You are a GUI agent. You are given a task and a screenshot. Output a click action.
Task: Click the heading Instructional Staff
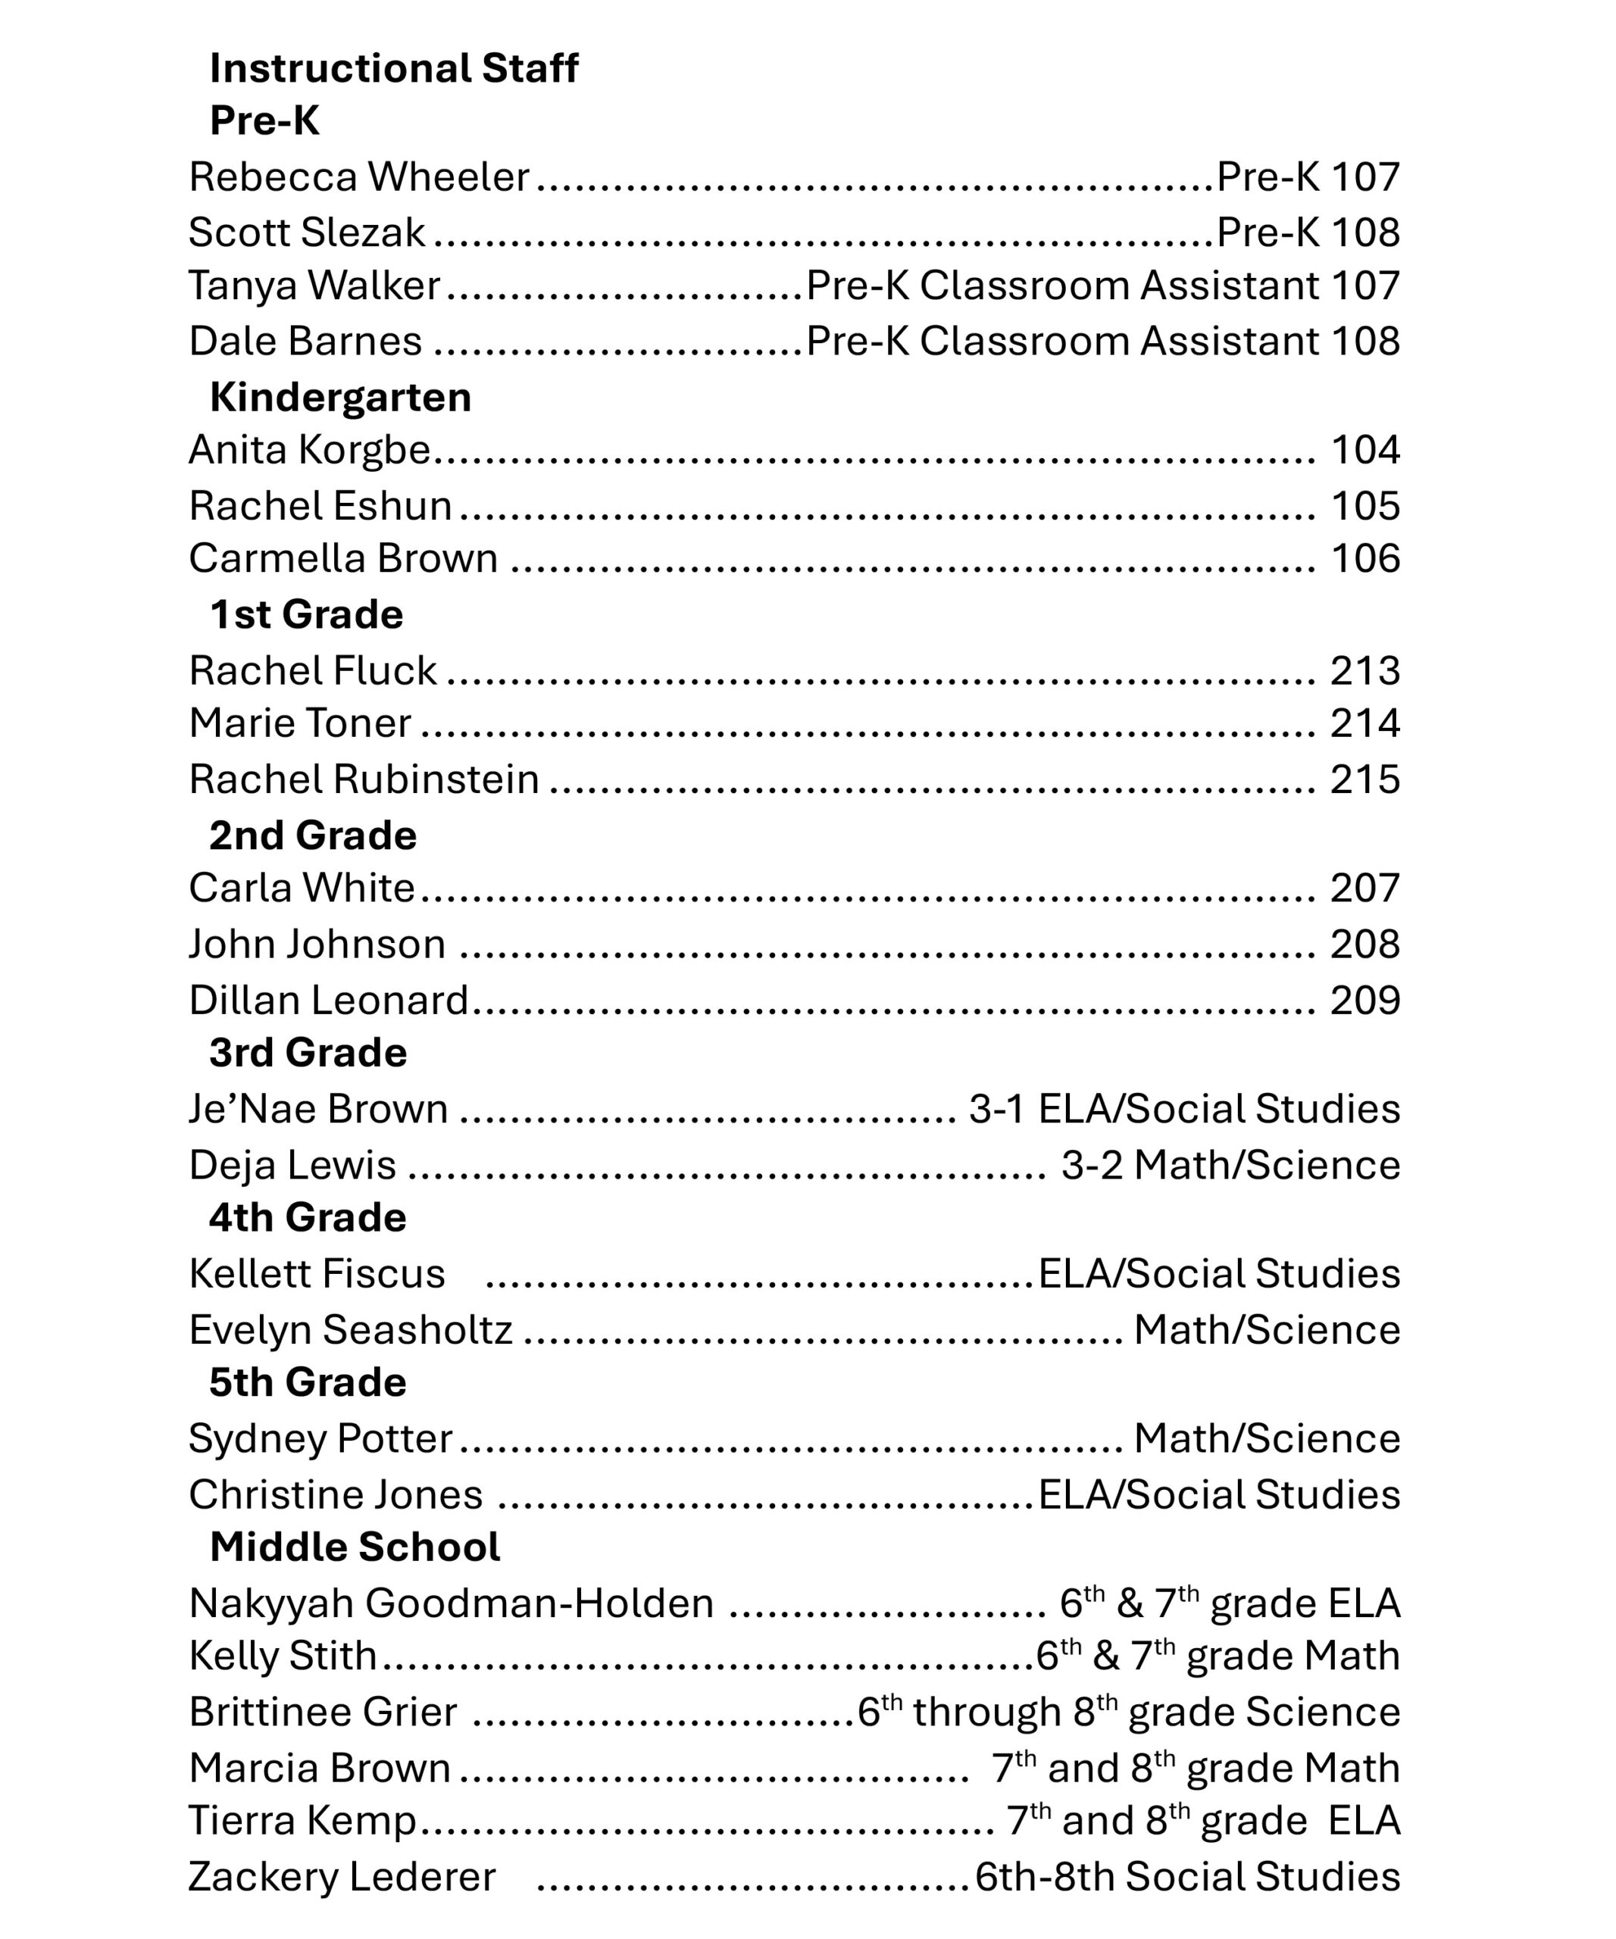pyautogui.click(x=393, y=68)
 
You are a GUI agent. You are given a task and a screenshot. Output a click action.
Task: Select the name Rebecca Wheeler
pyautogui.click(x=358, y=177)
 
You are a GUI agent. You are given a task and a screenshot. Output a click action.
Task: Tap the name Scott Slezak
pyautogui.click(x=307, y=233)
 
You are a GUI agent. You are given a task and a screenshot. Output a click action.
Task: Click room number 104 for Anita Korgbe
pyautogui.click(x=1364, y=451)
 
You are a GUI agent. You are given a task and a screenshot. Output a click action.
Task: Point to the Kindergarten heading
pyautogui.click(x=340, y=398)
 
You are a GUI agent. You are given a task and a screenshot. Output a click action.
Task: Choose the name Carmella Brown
pyautogui.click(x=342, y=559)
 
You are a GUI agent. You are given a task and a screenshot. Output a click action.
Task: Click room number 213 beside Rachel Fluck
pyautogui.click(x=1364, y=671)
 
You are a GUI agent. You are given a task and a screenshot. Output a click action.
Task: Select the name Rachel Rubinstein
pyautogui.click(x=364, y=780)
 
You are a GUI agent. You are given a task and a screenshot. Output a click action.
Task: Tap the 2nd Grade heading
pyautogui.click(x=312, y=835)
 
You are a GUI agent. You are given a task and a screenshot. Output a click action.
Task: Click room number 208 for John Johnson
pyautogui.click(x=1364, y=945)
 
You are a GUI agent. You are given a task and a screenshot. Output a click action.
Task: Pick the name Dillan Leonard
pyautogui.click(x=328, y=1001)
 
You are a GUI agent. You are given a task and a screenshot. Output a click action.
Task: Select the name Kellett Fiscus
pyautogui.click(x=317, y=1274)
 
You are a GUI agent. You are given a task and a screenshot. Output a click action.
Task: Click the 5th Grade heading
pyautogui.click(x=307, y=1383)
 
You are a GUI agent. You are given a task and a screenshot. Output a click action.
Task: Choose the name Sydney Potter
pyautogui.click(x=320, y=1439)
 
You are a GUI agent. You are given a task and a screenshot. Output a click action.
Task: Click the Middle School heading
pyautogui.click(x=355, y=1547)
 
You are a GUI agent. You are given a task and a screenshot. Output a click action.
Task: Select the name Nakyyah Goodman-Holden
pyautogui.click(x=451, y=1603)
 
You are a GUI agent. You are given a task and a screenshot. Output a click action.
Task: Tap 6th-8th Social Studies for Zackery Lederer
pyautogui.click(x=1187, y=1877)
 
